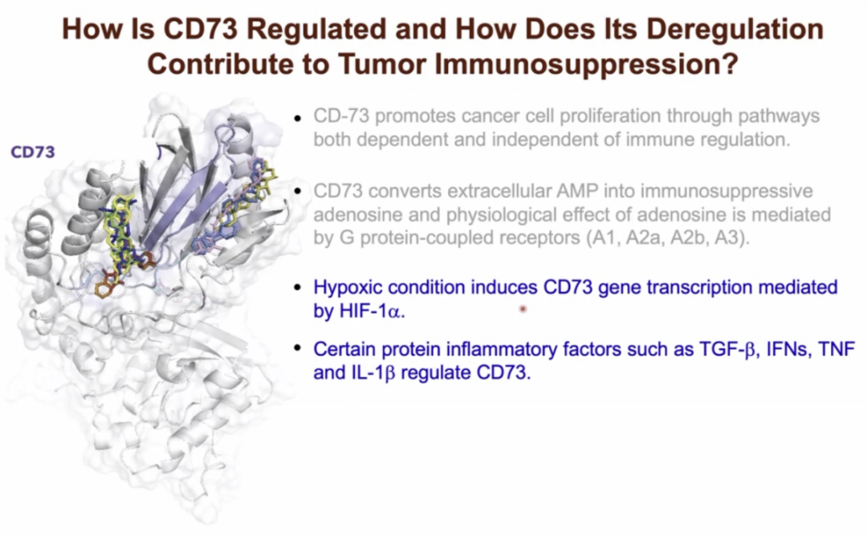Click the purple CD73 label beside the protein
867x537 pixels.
pos(33,152)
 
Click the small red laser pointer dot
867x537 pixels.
pos(523,309)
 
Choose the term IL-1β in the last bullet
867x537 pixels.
pos(373,372)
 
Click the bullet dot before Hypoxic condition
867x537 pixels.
pos(298,287)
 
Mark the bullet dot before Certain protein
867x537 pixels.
pos(298,348)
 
